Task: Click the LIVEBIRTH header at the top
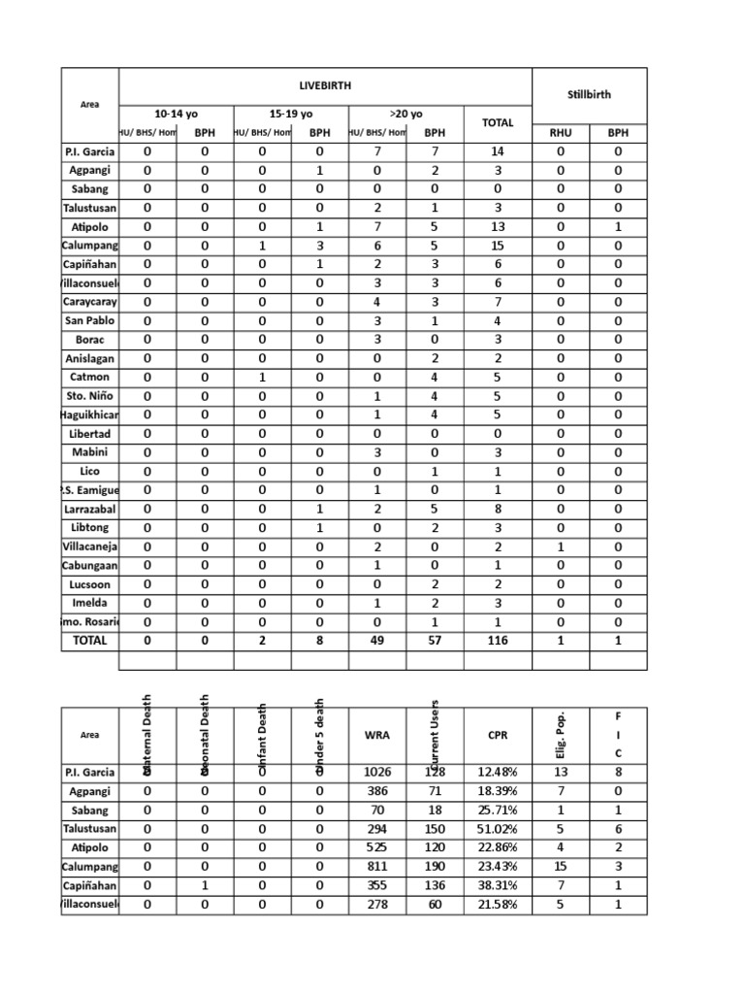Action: point(325,86)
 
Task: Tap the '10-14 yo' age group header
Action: point(176,114)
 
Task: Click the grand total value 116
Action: point(498,641)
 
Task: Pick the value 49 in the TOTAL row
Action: point(377,641)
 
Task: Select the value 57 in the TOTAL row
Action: point(435,641)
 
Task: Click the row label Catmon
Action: point(89,377)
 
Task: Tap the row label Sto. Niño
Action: point(89,395)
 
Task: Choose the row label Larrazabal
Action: point(89,509)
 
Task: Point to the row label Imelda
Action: point(89,603)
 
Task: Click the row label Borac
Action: point(89,340)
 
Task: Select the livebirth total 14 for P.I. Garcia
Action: point(498,151)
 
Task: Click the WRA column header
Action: point(377,735)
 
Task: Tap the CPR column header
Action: point(498,735)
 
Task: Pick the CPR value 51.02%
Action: point(498,829)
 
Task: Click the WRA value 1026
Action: point(377,773)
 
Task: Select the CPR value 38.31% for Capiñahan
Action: point(498,885)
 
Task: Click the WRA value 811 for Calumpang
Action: point(377,867)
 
